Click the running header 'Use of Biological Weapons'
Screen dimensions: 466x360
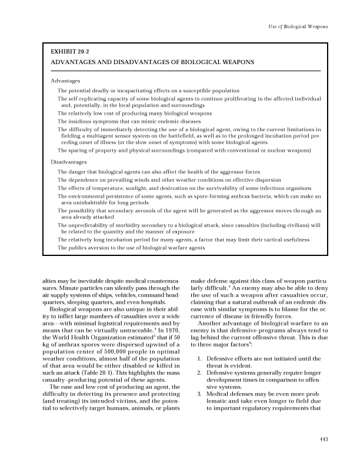pos(298,28)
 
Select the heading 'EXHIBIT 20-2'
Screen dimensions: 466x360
pos(69,52)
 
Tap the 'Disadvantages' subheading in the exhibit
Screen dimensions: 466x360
pos(68,161)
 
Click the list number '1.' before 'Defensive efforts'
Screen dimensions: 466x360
pos(202,358)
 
